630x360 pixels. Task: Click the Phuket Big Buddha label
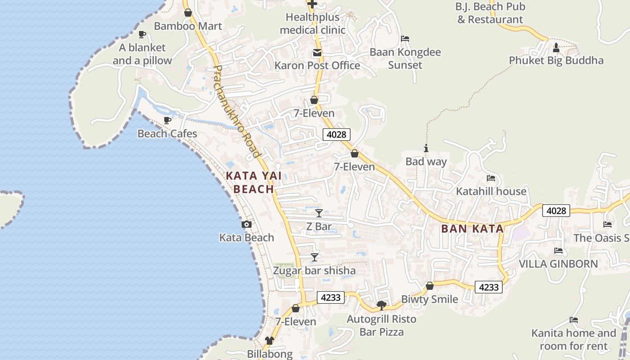(x=556, y=60)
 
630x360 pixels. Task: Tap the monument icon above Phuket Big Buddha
(x=556, y=47)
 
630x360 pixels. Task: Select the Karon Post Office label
(x=317, y=65)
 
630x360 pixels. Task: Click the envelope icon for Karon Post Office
(x=317, y=53)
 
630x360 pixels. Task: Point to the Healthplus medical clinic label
(x=313, y=24)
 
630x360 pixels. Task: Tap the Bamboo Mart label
(x=188, y=26)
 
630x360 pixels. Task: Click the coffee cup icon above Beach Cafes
(x=167, y=120)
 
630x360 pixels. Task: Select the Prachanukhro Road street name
(x=237, y=112)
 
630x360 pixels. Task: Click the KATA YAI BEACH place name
(x=254, y=182)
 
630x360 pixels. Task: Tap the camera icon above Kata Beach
(x=247, y=224)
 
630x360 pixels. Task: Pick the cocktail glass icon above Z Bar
(x=319, y=213)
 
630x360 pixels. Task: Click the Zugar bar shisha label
(x=315, y=270)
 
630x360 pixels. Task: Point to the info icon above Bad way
(x=426, y=148)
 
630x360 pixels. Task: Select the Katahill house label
(x=491, y=191)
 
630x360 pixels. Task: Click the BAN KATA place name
(x=472, y=229)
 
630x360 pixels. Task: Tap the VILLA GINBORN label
(x=558, y=264)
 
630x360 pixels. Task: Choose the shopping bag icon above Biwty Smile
(x=430, y=286)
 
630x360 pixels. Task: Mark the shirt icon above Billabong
(x=270, y=341)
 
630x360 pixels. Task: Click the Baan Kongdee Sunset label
(x=405, y=58)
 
